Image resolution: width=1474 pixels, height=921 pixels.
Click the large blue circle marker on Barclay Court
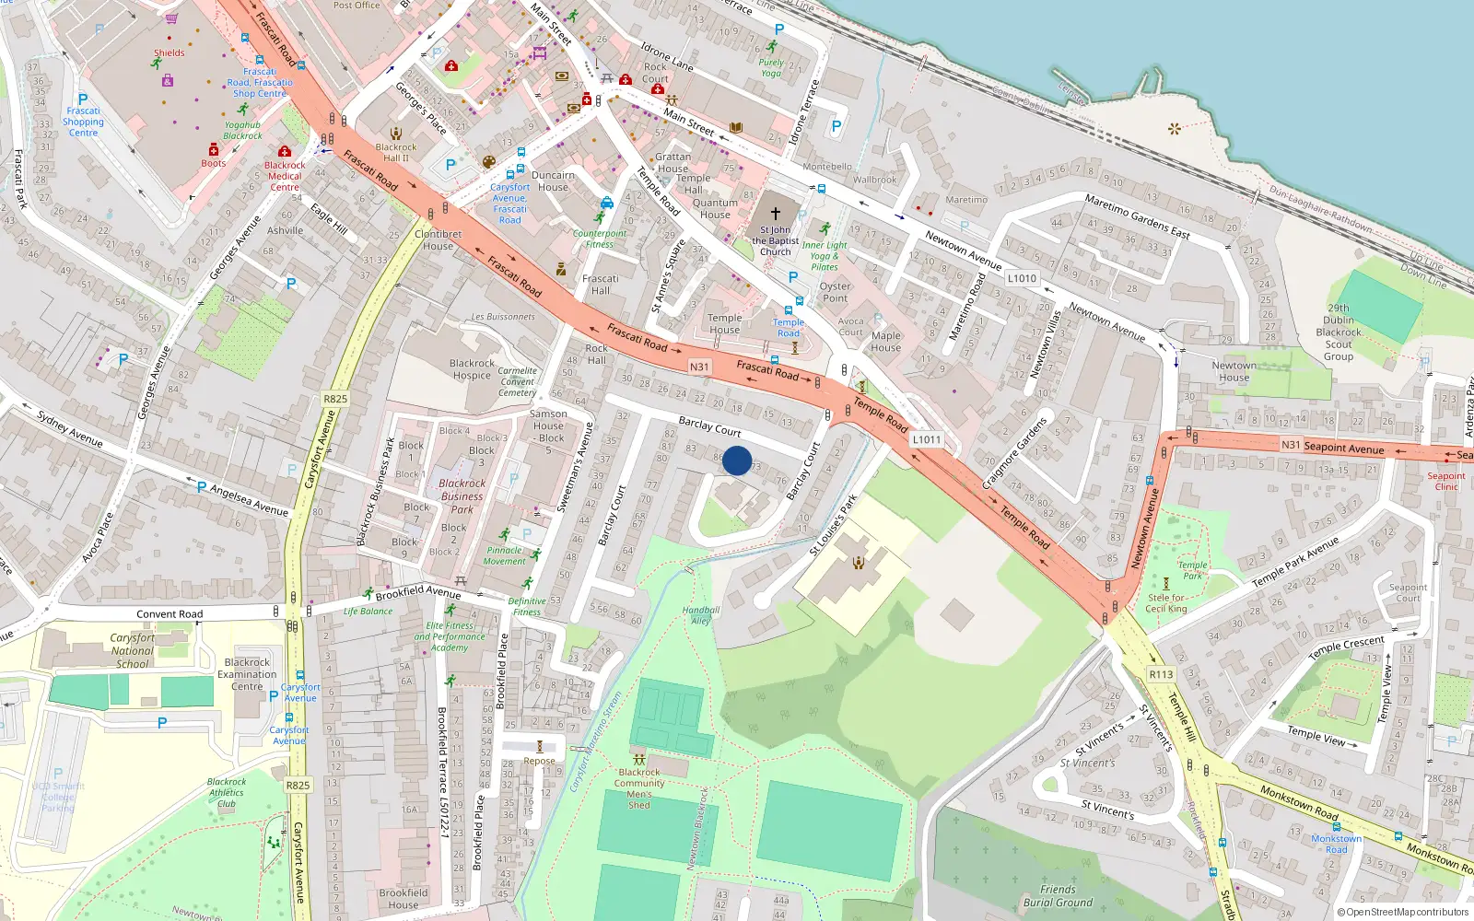pyautogui.click(x=737, y=460)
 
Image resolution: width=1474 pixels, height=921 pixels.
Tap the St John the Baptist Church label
pyautogui.click(x=775, y=240)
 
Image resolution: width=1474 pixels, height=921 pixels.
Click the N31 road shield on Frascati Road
pyautogui.click(x=699, y=367)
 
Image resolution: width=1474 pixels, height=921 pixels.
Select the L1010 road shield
pyautogui.click(x=1022, y=278)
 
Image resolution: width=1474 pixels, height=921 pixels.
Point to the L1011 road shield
pyautogui.click(x=927, y=439)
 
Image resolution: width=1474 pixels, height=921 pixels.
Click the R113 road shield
pyautogui.click(x=1161, y=674)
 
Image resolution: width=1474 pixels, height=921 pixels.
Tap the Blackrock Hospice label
pyautogui.click(x=472, y=369)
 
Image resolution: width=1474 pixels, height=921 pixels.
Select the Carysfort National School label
pyautogui.click(x=133, y=650)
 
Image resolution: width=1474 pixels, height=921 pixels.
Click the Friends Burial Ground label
pyautogui.click(x=1058, y=895)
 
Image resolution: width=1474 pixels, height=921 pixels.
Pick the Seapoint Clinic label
pyautogui.click(x=1446, y=481)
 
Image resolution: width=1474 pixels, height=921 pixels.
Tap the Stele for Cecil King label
pyautogui.click(x=1166, y=603)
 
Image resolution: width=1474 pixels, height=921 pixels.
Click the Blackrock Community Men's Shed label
pyautogui.click(x=639, y=788)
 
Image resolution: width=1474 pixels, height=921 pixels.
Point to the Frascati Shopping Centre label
pyautogui.click(x=83, y=122)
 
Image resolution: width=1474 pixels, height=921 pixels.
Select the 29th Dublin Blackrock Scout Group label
pyautogui.click(x=1339, y=332)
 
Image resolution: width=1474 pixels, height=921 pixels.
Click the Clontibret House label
pyautogui.click(x=438, y=239)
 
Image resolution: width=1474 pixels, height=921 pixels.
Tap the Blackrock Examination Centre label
pyautogui.click(x=247, y=674)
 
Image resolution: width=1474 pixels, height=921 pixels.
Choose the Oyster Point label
pyautogui.click(x=835, y=292)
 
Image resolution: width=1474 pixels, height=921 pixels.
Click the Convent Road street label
pyautogui.click(x=170, y=614)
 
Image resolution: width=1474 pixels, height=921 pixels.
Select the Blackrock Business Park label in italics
pyautogui.click(x=462, y=495)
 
